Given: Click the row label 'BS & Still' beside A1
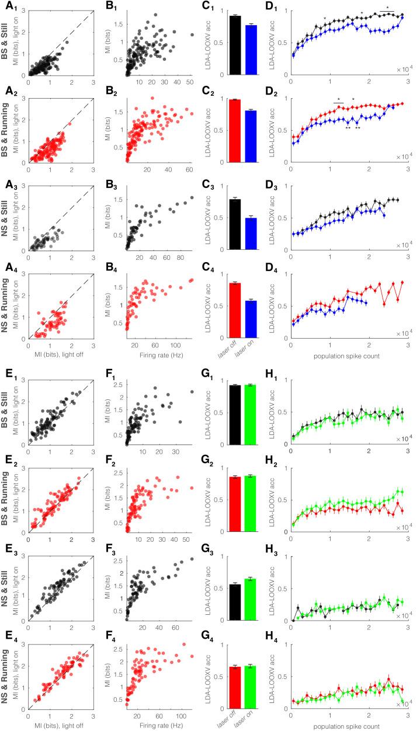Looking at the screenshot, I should coord(5,46).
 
